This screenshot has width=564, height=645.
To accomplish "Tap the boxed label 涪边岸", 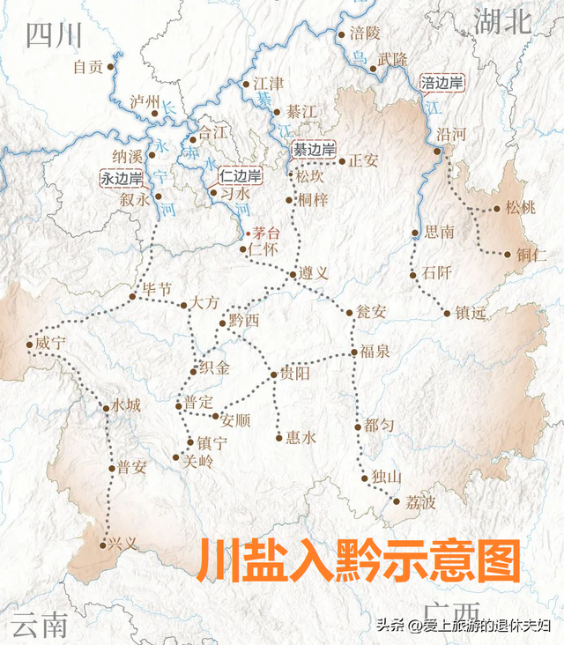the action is click(x=442, y=84).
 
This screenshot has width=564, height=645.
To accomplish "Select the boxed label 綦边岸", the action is click(x=313, y=150).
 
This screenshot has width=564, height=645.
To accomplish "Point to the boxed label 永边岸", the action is click(x=122, y=178).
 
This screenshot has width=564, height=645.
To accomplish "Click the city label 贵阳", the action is click(x=296, y=374).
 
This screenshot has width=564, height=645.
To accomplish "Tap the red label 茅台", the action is click(x=266, y=234).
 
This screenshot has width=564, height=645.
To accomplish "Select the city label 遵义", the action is click(x=314, y=274).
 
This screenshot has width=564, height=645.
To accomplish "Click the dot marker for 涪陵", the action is click(x=342, y=35).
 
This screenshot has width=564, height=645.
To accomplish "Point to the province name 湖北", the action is click(x=503, y=20).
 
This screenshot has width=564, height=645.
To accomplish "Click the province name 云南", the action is click(x=41, y=624).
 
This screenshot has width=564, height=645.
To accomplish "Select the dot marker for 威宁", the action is click(x=29, y=345).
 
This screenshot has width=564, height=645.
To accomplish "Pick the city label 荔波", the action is click(x=420, y=503).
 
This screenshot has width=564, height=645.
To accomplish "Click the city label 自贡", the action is click(x=88, y=66).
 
